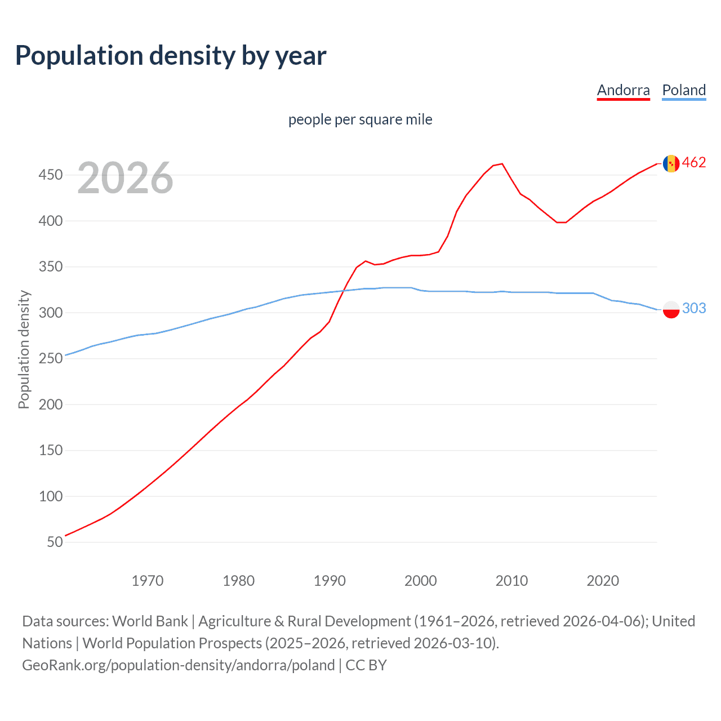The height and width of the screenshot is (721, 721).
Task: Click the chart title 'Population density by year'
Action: coord(171,56)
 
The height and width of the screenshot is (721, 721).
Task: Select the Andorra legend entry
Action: coord(623,91)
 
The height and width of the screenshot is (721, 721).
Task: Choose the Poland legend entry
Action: coord(684,91)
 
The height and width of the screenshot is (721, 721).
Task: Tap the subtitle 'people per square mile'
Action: coord(360,119)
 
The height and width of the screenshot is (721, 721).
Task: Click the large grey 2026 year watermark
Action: coord(125,178)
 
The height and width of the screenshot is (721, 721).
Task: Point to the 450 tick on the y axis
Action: coord(51,175)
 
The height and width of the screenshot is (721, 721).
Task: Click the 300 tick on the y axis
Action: coord(51,313)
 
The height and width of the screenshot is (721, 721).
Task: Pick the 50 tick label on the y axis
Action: coord(55,542)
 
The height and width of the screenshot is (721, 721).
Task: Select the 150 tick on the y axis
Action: coord(51,451)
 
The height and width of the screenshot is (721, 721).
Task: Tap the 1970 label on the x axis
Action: coord(148,581)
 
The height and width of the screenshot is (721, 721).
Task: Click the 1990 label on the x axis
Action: coord(330,581)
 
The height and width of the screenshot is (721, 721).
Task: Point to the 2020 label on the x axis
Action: coord(603,581)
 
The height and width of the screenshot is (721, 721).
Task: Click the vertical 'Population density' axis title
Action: coord(24,349)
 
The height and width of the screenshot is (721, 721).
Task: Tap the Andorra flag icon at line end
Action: coord(671,163)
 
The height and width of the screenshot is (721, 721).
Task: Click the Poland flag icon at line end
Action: coord(671,309)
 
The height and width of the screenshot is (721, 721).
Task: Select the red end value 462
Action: coord(694,163)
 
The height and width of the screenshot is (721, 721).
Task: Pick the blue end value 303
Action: coord(694,308)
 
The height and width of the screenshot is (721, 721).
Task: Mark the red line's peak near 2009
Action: coord(502,164)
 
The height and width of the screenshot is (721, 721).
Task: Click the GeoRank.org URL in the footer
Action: coord(179,665)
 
